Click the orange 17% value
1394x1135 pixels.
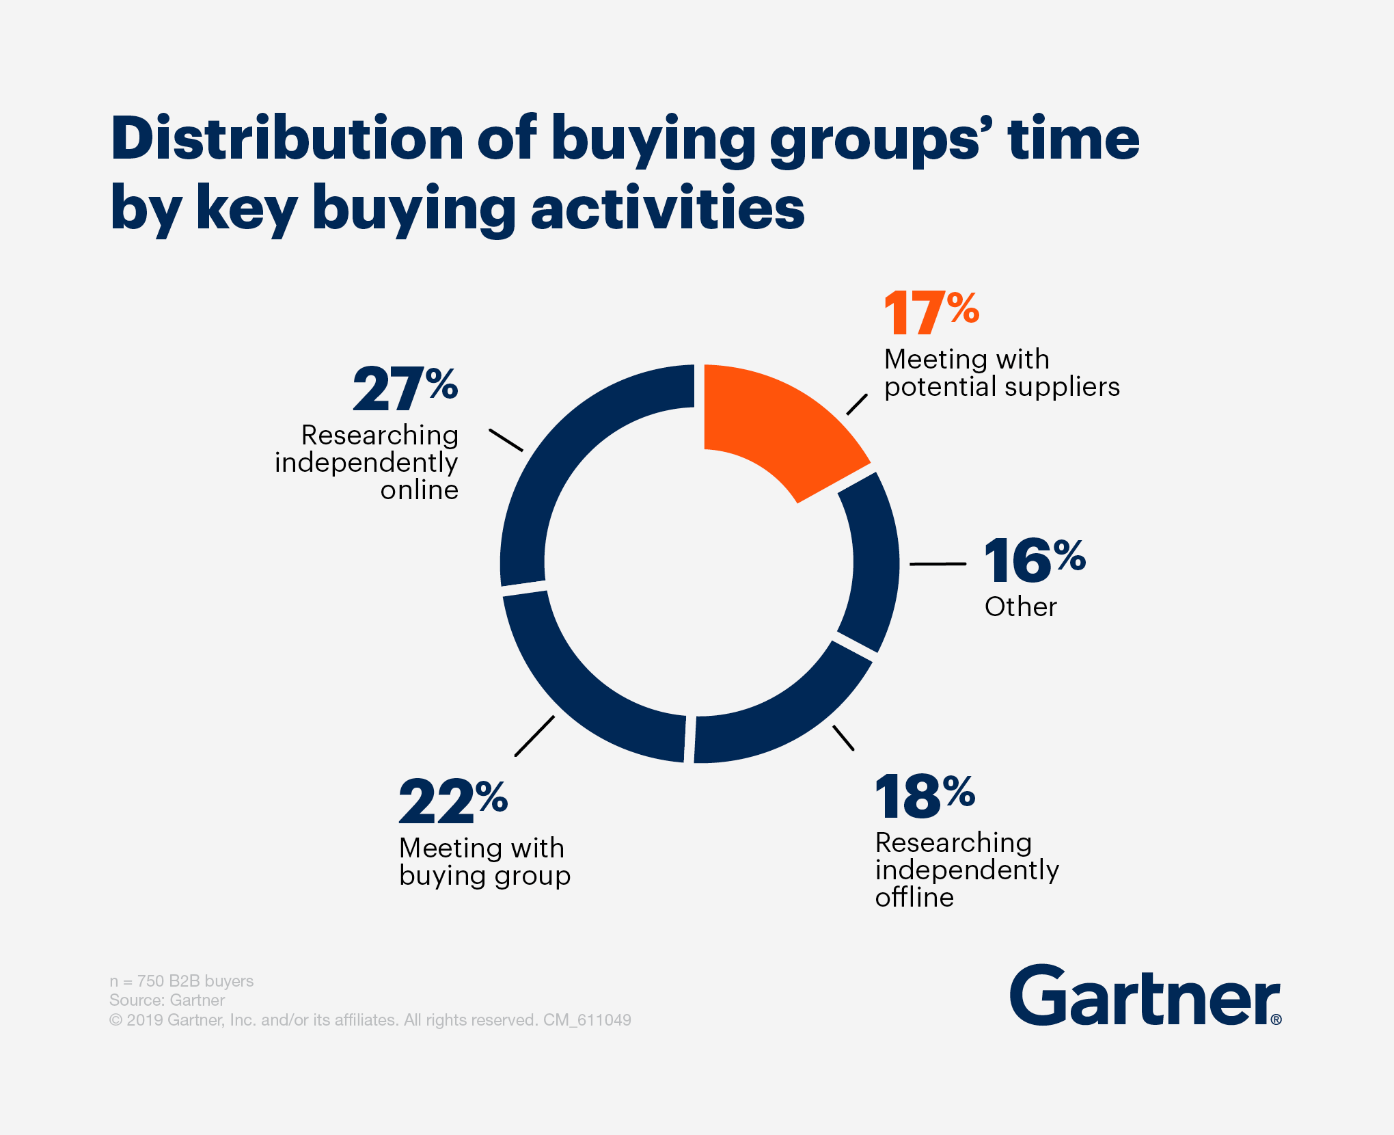click(x=931, y=313)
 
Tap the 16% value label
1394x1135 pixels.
click(x=1034, y=561)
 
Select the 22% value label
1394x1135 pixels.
click(x=452, y=801)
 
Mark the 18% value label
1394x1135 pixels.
click(x=925, y=797)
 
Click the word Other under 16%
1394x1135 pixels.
click(x=1020, y=607)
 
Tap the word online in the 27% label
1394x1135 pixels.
click(x=419, y=490)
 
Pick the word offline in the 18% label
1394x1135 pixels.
click(x=914, y=898)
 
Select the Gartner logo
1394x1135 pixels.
click(x=1145, y=996)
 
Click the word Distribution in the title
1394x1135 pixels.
click(x=287, y=139)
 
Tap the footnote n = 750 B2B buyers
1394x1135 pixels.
click(x=181, y=981)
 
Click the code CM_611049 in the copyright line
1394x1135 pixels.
click(x=587, y=1020)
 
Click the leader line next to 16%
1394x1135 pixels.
click(x=938, y=564)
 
